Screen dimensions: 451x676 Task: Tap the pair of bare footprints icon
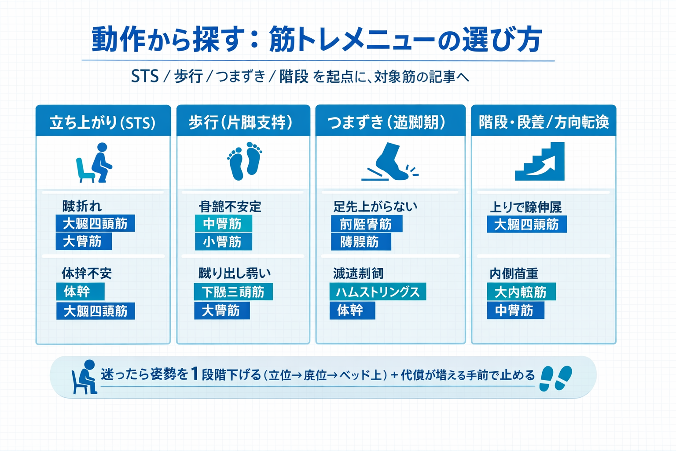244,161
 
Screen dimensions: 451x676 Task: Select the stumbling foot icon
389,162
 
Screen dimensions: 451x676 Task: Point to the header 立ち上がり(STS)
103,122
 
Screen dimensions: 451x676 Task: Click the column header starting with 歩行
241,122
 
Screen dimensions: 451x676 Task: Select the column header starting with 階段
544,122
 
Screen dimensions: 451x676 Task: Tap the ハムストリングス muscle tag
378,292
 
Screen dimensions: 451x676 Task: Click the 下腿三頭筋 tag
233,292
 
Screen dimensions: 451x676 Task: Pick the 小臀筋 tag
223,242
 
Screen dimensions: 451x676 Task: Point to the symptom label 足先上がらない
375,206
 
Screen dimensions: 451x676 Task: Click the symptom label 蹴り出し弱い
235,273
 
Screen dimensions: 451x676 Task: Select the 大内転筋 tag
521,292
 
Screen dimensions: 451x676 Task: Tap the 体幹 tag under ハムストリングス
352,311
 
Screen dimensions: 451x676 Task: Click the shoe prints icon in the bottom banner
555,378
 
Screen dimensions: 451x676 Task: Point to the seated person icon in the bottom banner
84,377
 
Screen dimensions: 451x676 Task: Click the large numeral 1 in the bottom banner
195,374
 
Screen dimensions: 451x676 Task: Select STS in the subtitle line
145,77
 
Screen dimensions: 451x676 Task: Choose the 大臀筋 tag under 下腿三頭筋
222,311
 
